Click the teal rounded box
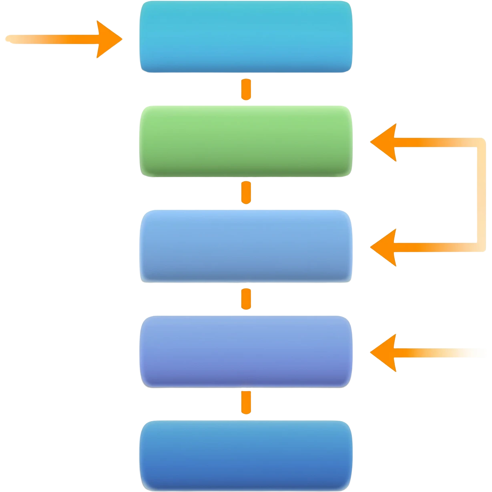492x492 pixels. click(245, 37)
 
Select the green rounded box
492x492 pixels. click(245, 141)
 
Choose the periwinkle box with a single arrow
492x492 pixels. click(245, 351)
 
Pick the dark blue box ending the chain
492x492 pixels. click(245, 455)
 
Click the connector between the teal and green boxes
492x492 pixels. click(246, 90)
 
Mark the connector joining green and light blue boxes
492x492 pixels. click(246, 193)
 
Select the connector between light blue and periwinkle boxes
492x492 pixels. click(246, 299)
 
